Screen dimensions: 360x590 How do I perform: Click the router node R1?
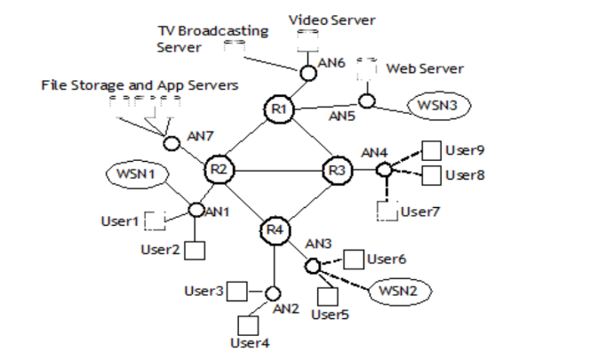277,109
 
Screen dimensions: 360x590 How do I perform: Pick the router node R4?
274,230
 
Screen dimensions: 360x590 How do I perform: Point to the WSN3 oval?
435,105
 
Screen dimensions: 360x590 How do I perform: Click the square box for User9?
431,149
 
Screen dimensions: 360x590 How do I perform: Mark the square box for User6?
354,259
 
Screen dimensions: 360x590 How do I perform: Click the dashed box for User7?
386,211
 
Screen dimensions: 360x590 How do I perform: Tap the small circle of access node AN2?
273,293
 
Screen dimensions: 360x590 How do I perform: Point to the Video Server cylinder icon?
307,40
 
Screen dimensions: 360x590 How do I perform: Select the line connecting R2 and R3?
276,169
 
